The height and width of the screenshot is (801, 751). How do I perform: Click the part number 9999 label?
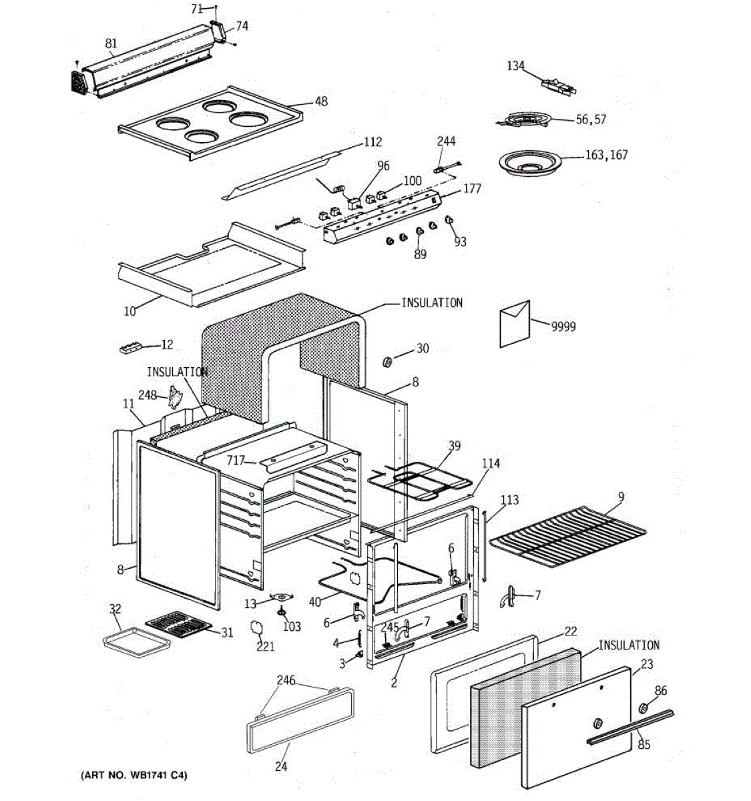pyautogui.click(x=563, y=326)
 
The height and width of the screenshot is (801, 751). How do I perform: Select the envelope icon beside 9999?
pyautogui.click(x=515, y=324)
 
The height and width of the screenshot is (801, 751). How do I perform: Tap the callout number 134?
pyautogui.click(x=515, y=65)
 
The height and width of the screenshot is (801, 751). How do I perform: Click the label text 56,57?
pyautogui.click(x=591, y=119)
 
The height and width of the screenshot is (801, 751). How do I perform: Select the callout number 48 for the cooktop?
pyautogui.click(x=321, y=101)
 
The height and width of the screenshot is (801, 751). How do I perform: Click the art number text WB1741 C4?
pyautogui.click(x=134, y=776)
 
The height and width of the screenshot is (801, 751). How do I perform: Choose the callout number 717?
pyautogui.click(x=236, y=460)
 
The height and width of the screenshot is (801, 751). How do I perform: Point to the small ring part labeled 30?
pyautogui.click(x=387, y=362)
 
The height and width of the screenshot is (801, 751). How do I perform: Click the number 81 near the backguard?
pyautogui.click(x=111, y=43)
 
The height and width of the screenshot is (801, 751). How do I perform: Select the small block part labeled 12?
pyautogui.click(x=130, y=347)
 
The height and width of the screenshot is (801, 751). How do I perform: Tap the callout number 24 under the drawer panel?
pyautogui.click(x=281, y=766)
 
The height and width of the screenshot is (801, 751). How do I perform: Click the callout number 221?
pyautogui.click(x=266, y=646)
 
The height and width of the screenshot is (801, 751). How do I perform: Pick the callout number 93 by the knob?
pyautogui.click(x=461, y=242)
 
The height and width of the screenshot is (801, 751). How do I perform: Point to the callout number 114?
pyautogui.click(x=491, y=463)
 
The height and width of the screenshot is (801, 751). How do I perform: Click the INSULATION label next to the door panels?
pyautogui.click(x=628, y=645)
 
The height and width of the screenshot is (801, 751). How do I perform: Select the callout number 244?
pyautogui.click(x=446, y=141)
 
